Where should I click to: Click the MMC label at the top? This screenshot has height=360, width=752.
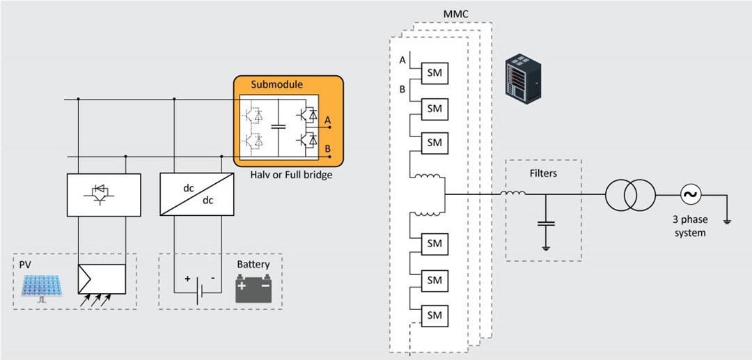[456, 15]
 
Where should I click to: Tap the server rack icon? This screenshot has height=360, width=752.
[522, 77]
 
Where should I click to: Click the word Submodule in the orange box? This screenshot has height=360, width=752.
[276, 84]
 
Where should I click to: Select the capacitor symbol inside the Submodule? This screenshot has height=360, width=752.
[279, 126]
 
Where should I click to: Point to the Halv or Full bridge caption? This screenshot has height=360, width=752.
[291, 175]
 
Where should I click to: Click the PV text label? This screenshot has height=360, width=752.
[26, 265]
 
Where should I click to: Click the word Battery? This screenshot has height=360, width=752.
[253, 265]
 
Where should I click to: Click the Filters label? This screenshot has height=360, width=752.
[543, 173]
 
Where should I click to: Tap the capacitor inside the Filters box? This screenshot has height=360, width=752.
[546, 224]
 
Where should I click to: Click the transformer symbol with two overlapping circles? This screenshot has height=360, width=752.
[629, 194]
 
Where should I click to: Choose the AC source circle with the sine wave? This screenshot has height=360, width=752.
[691, 194]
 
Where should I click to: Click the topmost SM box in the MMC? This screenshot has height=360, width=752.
[434, 73]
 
